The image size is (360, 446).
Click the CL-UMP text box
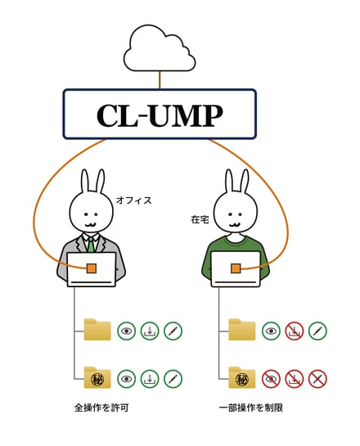[160, 114]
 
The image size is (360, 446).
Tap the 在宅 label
[200, 219]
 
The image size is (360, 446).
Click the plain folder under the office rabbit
[97, 330]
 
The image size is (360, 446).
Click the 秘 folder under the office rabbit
[97, 378]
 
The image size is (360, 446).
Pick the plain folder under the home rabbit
[242, 330]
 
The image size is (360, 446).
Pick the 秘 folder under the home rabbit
[242, 378]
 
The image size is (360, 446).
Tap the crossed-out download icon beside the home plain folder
[295, 331]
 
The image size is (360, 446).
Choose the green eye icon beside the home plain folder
[271, 331]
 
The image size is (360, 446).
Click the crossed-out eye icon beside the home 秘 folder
[271, 379]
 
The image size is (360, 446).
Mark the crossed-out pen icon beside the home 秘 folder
[317, 379]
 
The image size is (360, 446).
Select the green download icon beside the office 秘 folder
[150, 379]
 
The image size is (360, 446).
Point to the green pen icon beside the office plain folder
[173, 331]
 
